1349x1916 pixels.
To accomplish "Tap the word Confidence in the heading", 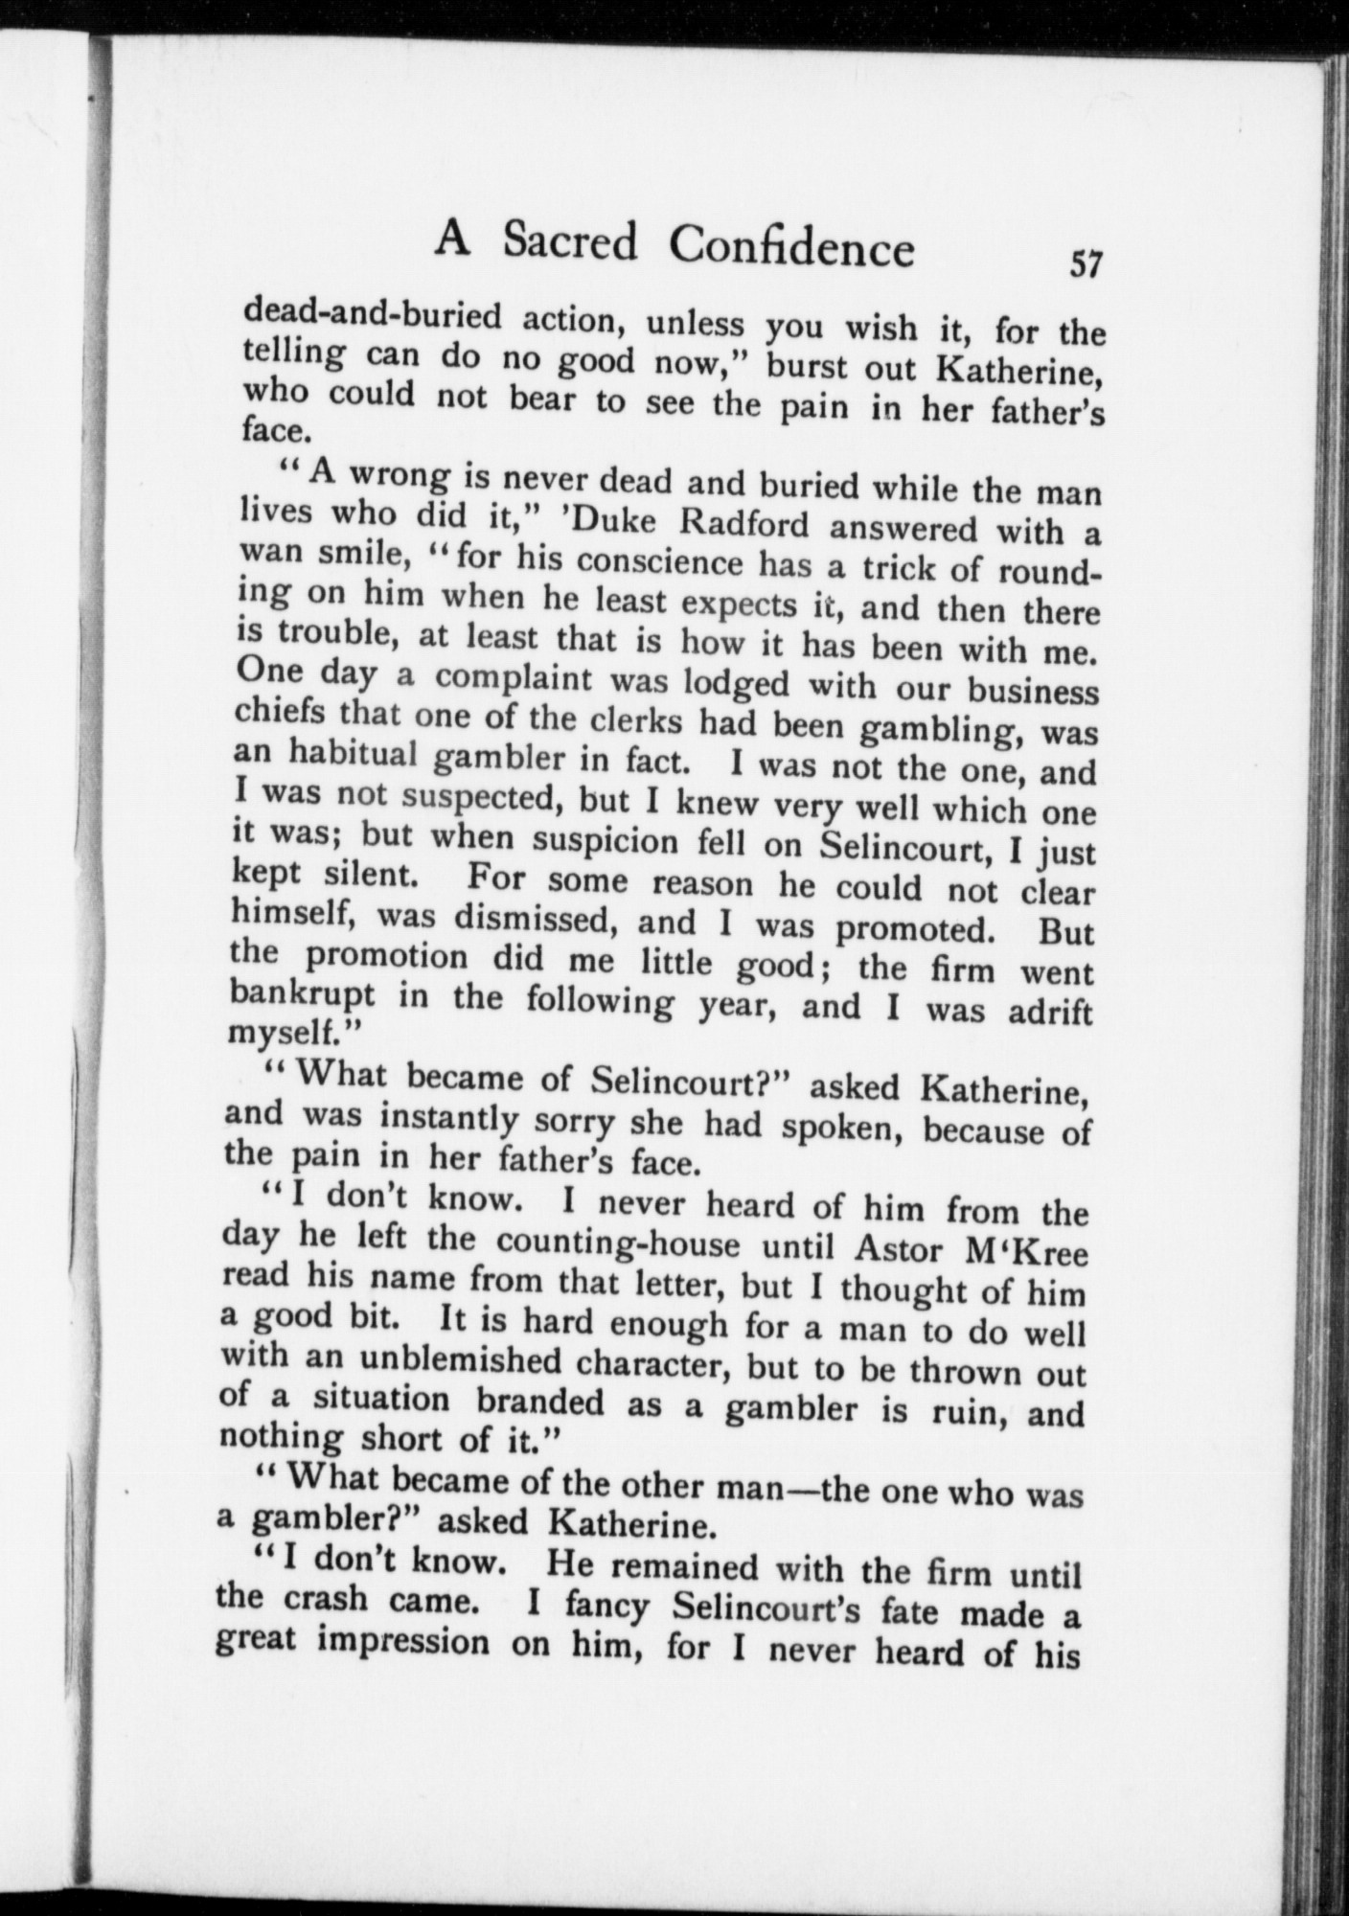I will [791, 248].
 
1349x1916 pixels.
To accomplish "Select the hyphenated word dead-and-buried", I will [373, 314].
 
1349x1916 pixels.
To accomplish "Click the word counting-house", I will [618, 1243].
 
